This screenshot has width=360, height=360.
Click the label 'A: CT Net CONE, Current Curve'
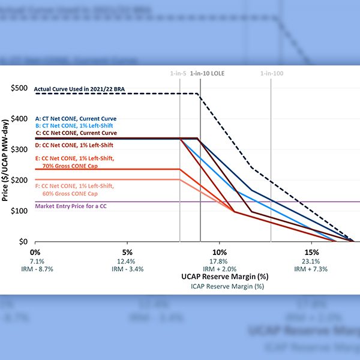[76, 119]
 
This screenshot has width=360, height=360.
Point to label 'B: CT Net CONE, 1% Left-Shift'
[75, 126]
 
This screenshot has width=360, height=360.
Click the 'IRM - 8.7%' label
[35, 269]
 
